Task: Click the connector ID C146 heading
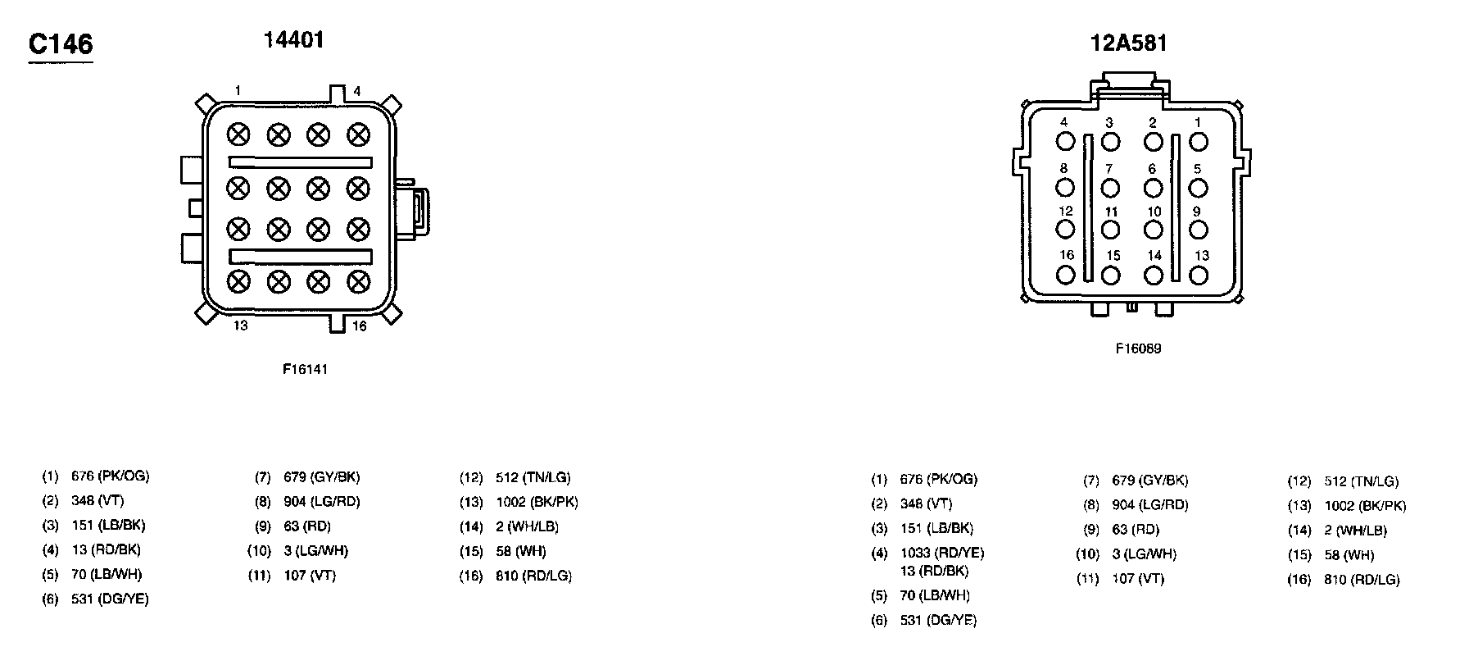(x=61, y=44)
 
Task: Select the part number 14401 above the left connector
(x=293, y=39)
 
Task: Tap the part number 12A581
(x=1127, y=43)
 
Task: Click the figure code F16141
(x=305, y=369)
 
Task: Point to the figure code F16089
(x=1138, y=348)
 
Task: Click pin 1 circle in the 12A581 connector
(x=1199, y=142)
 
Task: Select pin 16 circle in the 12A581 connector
(x=1065, y=275)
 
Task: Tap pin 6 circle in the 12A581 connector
(x=1154, y=188)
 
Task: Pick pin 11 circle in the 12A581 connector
(x=1110, y=230)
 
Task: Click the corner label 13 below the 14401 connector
(x=240, y=326)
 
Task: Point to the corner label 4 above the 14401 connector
(x=357, y=91)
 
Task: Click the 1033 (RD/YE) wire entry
(x=942, y=553)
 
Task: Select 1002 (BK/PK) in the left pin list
(x=537, y=502)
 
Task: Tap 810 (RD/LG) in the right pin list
(x=1362, y=580)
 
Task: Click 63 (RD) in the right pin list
(x=1136, y=530)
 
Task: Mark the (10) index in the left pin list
(x=259, y=551)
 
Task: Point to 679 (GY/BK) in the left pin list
(x=321, y=477)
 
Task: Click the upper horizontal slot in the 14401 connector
(x=300, y=162)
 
